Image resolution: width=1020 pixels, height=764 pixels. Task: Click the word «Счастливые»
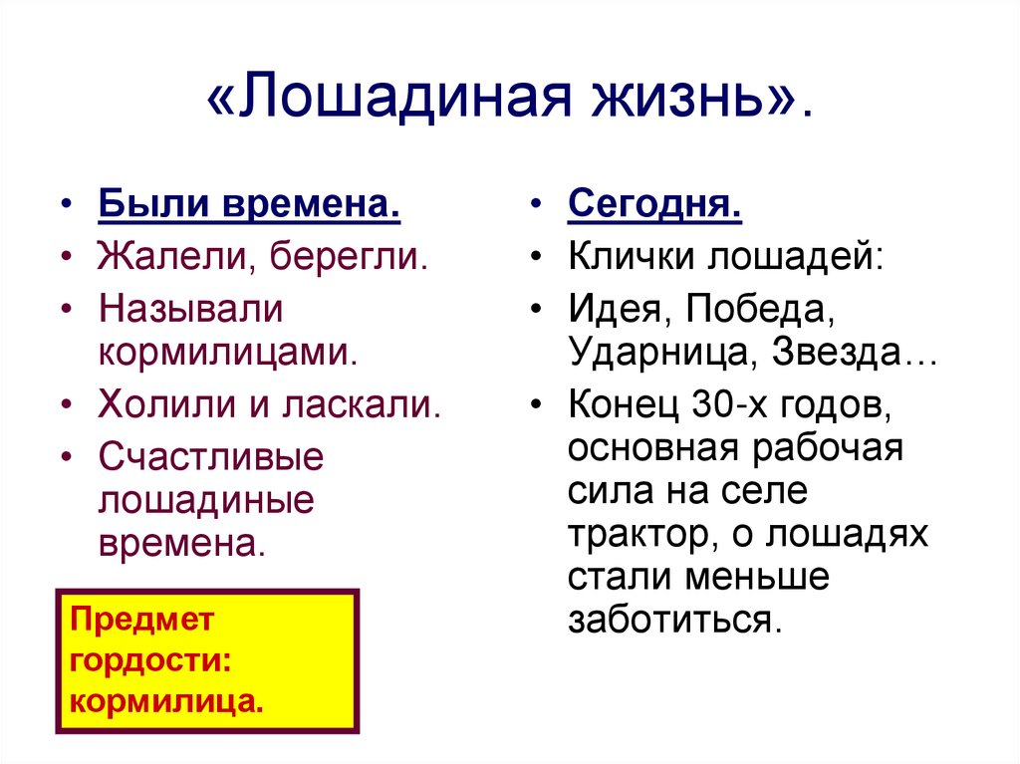[x=211, y=456]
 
